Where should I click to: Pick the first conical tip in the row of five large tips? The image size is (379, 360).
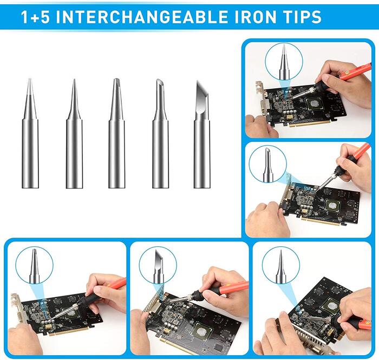pos(30,133)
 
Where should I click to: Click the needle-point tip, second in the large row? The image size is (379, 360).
pos(74,134)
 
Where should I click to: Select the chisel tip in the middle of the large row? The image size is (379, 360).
pos(117,133)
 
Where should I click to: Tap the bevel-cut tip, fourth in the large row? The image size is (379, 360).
pos(160,134)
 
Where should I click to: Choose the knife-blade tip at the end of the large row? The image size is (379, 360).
pos(202,134)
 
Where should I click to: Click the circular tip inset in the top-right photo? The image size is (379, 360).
pos(284,62)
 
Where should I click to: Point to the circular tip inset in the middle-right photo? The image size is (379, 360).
pos(268,164)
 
